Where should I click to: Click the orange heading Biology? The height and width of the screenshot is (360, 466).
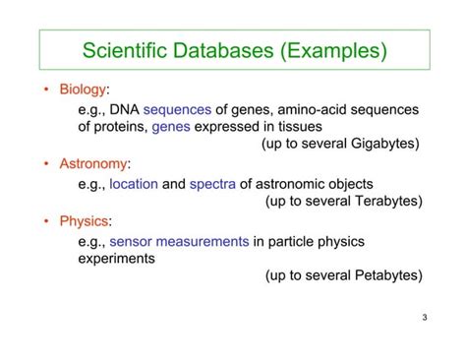coord(83,90)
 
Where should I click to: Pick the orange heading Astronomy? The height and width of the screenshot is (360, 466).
coord(93,163)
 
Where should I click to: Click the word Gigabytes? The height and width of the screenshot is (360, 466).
coord(381,144)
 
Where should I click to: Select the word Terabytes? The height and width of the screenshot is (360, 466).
coord(383,201)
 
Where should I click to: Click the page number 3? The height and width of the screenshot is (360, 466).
coord(423,317)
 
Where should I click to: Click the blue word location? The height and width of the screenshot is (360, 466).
coord(134,183)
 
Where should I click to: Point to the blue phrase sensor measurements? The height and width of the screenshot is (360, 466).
coord(180,240)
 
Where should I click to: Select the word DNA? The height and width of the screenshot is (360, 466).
coord(127,109)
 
